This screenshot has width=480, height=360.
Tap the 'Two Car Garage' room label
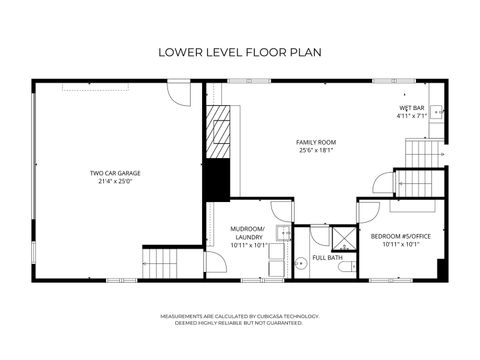(118, 173)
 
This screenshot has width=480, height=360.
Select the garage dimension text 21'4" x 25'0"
(118, 182)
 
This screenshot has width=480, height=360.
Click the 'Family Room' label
(315, 142)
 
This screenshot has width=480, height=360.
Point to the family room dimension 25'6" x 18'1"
(315, 151)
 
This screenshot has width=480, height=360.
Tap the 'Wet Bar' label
(411, 107)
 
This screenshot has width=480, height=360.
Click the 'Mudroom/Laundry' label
(249, 232)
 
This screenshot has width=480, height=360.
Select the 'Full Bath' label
(327, 258)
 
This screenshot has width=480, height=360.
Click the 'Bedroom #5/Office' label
(400, 236)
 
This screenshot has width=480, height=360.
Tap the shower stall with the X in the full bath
(343, 238)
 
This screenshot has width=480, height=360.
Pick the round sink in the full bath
(298, 264)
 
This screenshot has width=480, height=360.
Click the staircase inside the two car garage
(160, 264)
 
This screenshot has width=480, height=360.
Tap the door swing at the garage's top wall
(177, 94)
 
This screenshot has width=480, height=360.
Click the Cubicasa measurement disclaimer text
(239, 319)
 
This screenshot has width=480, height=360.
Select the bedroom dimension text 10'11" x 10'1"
(400, 244)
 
